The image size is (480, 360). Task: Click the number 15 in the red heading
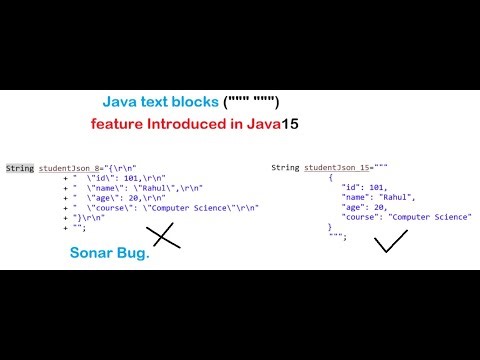(288, 127)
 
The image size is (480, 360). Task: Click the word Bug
(135, 253)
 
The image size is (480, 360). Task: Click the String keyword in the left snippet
(19, 167)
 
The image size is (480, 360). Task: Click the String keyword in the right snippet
(286, 167)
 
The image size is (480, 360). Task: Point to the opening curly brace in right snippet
(331, 177)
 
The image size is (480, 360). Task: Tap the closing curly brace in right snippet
(331, 227)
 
